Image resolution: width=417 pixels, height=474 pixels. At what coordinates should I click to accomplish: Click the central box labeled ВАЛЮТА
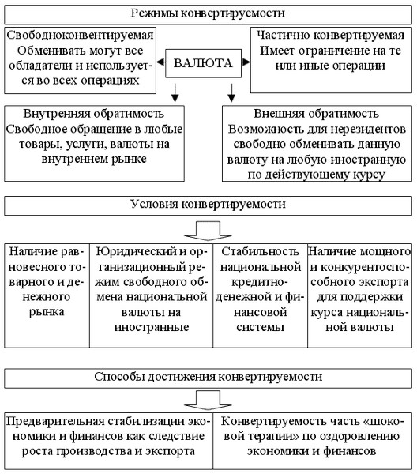click(203, 63)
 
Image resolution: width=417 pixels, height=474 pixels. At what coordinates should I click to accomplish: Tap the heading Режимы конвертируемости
click(208, 13)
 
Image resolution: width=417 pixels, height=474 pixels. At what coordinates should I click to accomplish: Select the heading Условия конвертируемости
click(208, 204)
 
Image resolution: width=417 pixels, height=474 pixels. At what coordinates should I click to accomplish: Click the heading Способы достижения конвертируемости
click(208, 377)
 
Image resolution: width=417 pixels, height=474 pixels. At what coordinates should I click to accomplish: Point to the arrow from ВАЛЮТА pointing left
click(161, 62)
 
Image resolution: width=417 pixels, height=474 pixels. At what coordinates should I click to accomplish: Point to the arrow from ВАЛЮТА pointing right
click(246, 62)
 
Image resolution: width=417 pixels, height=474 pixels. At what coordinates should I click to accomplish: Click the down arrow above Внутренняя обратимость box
click(175, 92)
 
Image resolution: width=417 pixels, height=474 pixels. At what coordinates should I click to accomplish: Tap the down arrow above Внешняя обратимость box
click(231, 92)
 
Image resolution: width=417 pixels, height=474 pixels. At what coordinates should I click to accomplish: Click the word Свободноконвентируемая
click(80, 35)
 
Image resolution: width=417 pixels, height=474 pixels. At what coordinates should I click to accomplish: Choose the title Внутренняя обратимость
click(94, 114)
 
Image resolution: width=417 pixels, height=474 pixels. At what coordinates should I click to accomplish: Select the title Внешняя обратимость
click(316, 114)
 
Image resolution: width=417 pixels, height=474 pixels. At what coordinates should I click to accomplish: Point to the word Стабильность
click(260, 251)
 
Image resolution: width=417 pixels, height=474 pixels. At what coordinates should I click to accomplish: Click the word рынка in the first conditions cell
click(47, 312)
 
